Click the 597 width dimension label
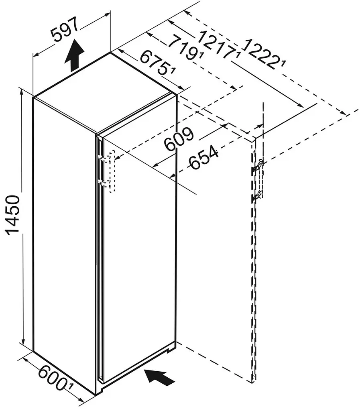65,29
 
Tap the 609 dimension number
179,140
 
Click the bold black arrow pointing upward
75,55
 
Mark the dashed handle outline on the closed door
112,171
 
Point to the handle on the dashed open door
258,181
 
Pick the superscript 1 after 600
70,387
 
